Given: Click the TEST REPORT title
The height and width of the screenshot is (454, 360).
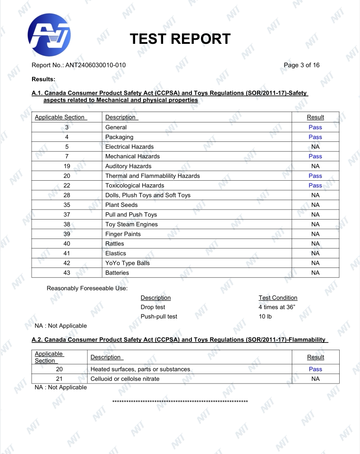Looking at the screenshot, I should (x=180, y=39).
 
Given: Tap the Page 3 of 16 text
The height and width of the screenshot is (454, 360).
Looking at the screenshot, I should (x=301, y=65).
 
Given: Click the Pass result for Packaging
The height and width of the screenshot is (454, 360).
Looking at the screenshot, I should (x=315, y=137).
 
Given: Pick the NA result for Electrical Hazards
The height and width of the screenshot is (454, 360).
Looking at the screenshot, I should (x=315, y=147).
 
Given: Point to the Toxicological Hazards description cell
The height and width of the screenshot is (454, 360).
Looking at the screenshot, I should (x=135, y=186).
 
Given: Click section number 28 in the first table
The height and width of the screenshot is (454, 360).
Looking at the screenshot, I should (x=67, y=195).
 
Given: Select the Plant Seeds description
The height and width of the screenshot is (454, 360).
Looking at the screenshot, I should (x=122, y=205).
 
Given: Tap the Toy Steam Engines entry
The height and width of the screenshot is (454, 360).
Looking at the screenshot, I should (x=131, y=225).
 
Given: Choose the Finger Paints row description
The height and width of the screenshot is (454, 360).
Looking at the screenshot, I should (x=123, y=234).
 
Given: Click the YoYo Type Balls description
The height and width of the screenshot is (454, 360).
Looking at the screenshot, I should (x=127, y=263).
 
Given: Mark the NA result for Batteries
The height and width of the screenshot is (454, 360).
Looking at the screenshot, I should (x=315, y=273).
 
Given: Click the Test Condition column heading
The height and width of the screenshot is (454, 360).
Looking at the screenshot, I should (x=278, y=298).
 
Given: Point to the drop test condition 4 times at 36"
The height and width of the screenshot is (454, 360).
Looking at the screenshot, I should (x=277, y=307).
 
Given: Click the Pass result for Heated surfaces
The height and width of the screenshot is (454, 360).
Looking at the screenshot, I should (x=315, y=369).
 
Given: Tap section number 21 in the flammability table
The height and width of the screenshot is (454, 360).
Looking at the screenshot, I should (x=59, y=379).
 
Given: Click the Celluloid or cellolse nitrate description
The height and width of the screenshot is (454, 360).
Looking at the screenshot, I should (x=125, y=379).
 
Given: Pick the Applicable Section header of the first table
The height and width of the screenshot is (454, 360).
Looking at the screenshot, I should (x=60, y=117).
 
